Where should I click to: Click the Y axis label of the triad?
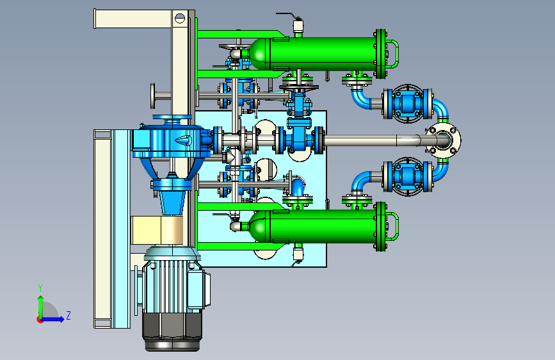(x=40, y=288)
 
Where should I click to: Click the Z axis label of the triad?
(x=68, y=315)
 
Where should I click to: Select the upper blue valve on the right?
(x=408, y=104)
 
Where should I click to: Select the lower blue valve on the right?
(x=408, y=176)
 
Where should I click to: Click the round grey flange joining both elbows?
(x=443, y=140)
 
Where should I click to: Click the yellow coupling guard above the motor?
(x=157, y=231)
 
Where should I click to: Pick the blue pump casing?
(x=172, y=140)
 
